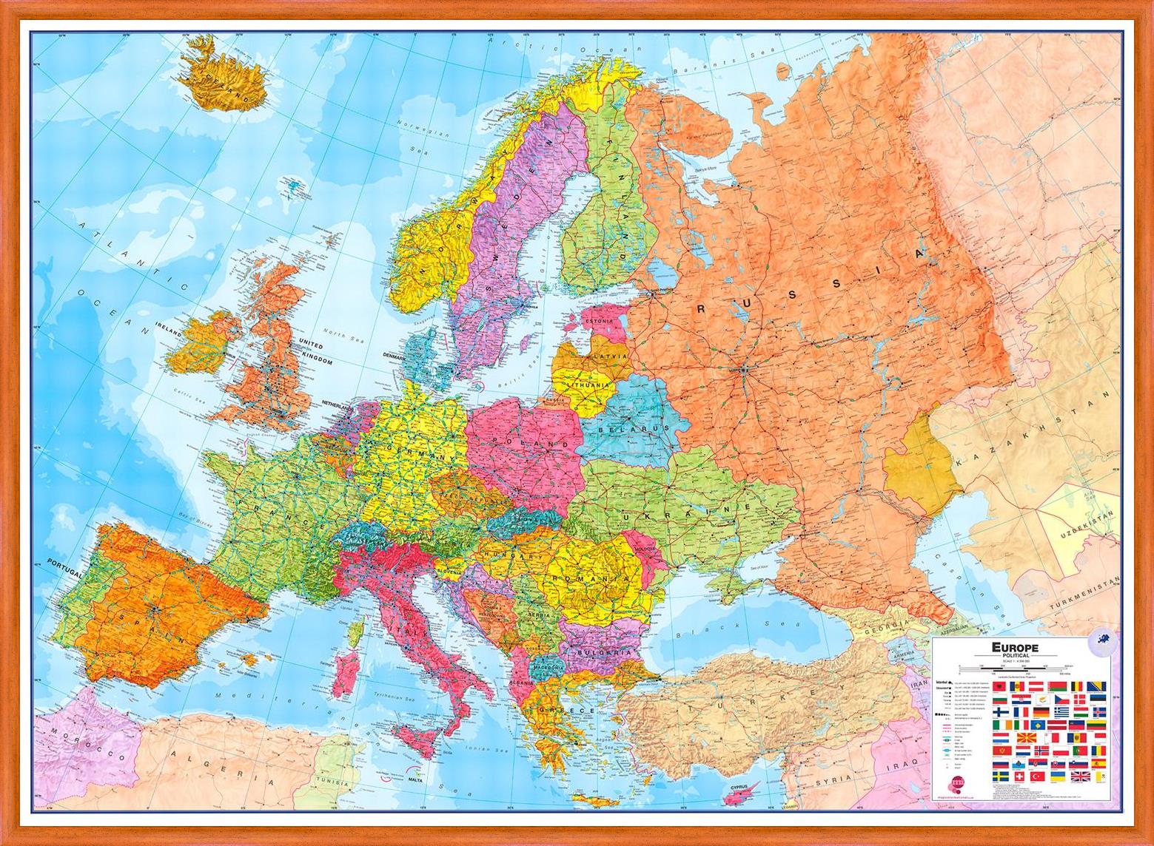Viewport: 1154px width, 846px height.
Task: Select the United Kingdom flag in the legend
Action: coord(1081,776)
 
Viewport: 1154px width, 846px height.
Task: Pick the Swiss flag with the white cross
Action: coord(1019,776)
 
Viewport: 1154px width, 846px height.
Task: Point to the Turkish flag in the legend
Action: coord(1038,776)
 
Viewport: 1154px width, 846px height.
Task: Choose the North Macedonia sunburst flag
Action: coord(1027,737)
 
